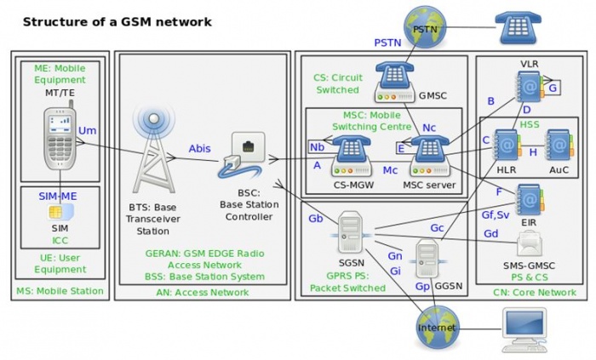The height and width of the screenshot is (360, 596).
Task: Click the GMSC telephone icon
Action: [397, 79]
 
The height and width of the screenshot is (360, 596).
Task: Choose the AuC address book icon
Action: [559, 146]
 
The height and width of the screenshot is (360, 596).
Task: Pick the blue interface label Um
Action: [87, 129]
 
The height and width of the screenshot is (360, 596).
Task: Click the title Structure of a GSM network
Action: [117, 20]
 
